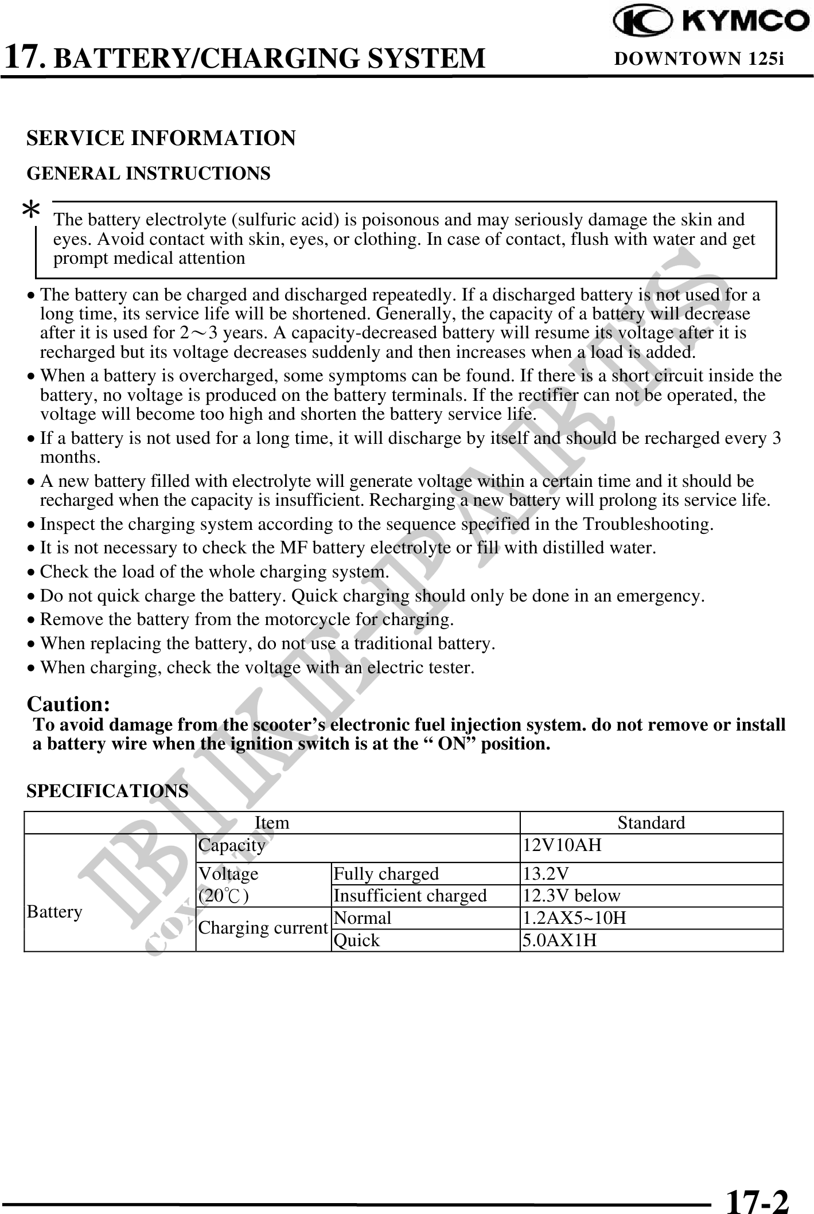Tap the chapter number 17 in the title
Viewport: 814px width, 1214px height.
click(23, 56)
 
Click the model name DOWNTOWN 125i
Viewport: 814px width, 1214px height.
click(699, 58)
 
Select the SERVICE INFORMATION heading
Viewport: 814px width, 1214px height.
click(161, 138)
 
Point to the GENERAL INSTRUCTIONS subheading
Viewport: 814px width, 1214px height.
click(149, 173)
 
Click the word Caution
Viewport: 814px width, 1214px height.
click(69, 704)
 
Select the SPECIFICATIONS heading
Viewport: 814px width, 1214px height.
click(107, 791)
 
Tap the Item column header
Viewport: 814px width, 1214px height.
click(271, 823)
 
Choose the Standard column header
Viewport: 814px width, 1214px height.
click(651, 823)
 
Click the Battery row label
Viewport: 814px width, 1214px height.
click(54, 912)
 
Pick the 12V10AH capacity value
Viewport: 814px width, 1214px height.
click(562, 845)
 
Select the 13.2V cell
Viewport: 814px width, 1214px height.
click(546, 873)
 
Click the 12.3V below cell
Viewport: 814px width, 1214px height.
click(571, 896)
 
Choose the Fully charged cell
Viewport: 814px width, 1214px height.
click(386, 873)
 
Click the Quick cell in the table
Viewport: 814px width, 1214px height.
click(357, 940)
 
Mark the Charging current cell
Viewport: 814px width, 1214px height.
click(263, 928)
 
